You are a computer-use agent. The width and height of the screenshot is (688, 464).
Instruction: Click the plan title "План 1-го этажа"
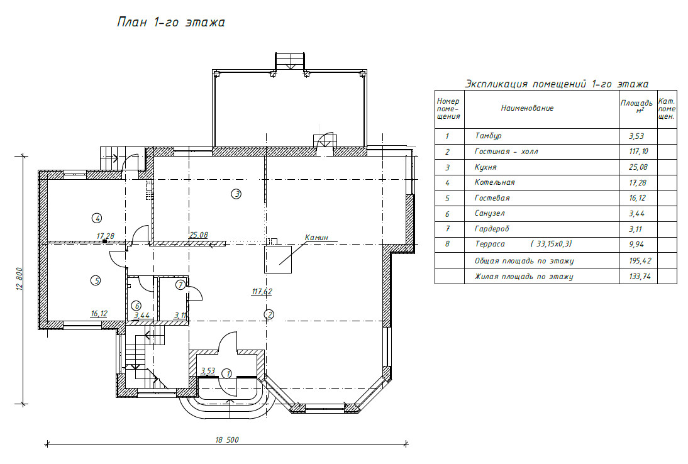(x=170, y=23)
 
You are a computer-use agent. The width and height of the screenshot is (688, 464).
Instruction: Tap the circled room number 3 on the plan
(x=236, y=194)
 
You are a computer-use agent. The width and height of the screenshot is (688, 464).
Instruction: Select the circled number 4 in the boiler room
(x=97, y=218)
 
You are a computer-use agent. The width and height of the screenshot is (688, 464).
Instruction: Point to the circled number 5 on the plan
(x=96, y=280)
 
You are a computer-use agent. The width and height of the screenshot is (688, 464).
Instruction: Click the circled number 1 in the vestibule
(x=227, y=373)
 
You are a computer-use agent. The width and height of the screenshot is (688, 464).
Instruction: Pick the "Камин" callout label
(x=316, y=237)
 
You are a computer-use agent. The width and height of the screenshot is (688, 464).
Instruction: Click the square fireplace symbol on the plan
(x=278, y=260)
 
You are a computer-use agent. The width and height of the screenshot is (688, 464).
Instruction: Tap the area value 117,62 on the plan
(x=262, y=291)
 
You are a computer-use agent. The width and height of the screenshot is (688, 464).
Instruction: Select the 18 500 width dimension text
(x=227, y=440)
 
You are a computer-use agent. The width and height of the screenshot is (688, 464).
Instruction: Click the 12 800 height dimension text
(x=19, y=279)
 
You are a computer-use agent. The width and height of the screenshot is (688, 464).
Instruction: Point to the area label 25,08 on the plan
(x=199, y=235)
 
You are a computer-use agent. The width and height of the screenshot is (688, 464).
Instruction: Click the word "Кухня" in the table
(x=485, y=167)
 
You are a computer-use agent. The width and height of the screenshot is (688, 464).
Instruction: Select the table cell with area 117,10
(x=638, y=152)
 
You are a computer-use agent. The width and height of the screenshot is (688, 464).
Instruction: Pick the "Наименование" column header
(x=528, y=108)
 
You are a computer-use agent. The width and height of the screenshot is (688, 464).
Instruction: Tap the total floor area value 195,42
(x=640, y=260)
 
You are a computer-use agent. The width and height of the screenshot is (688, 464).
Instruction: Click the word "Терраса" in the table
(x=490, y=244)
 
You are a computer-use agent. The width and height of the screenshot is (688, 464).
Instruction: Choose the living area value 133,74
(x=640, y=276)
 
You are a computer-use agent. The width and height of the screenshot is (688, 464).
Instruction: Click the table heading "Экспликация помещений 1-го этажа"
(x=557, y=84)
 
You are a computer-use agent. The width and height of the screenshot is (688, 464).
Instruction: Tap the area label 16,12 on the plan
(x=99, y=314)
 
